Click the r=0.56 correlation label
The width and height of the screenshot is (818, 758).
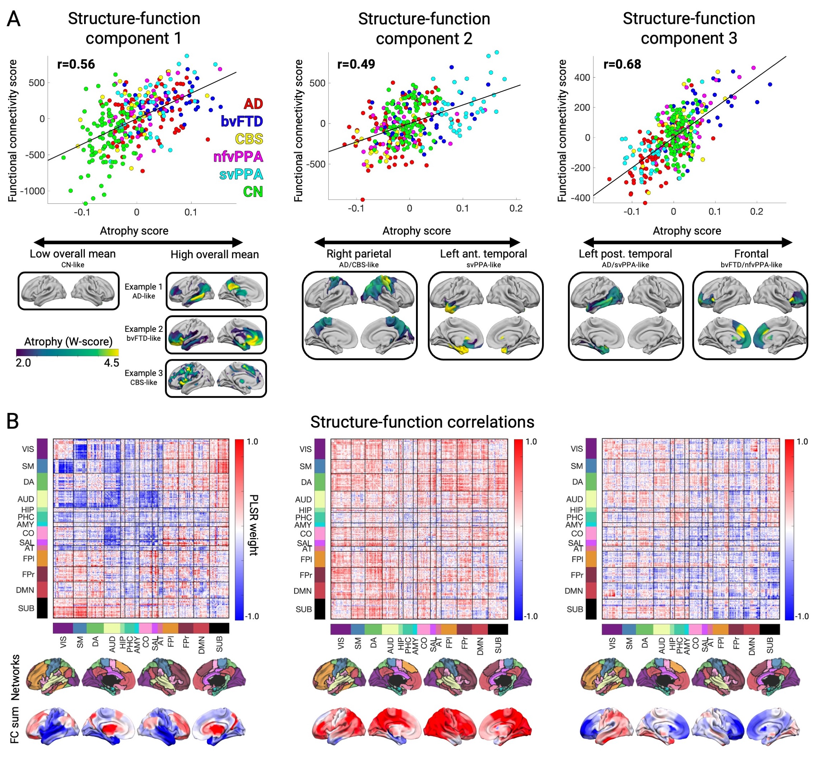76,64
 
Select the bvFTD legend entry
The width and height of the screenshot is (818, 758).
241,122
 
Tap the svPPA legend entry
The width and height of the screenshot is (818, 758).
241,174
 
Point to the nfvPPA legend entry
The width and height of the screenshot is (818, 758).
238,157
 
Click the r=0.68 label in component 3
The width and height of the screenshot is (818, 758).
622,64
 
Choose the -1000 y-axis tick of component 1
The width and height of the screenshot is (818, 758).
33,191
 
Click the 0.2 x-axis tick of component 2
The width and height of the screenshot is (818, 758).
516,208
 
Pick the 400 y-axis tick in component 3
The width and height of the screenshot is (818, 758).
582,78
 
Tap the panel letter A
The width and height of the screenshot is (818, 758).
14,19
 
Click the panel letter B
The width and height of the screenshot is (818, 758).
13,421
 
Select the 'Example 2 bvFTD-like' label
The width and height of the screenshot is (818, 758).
144,334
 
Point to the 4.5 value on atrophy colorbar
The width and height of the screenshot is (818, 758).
111,363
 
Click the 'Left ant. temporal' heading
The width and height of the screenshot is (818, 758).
483,254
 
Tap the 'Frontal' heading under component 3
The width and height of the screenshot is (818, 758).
751,254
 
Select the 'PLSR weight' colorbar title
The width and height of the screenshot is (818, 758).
254,525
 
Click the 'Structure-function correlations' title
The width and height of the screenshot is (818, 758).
422,422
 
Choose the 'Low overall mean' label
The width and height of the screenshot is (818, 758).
73,254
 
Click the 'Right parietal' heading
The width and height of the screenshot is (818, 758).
358,254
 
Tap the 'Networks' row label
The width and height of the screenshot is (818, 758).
15,677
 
